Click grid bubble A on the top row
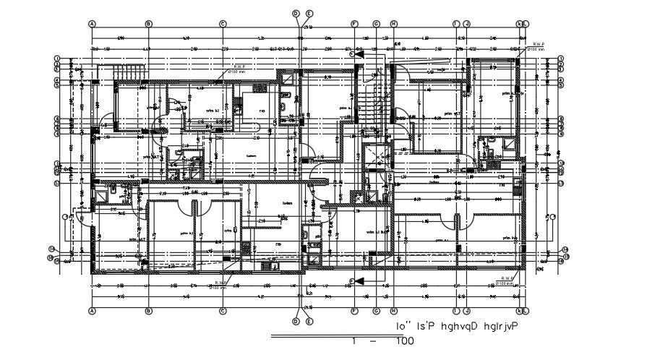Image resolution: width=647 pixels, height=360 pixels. (93, 23)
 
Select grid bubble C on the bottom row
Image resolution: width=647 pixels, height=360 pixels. (223, 312)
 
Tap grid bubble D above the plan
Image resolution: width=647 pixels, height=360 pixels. (296, 13)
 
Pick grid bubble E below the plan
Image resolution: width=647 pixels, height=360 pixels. (309, 321)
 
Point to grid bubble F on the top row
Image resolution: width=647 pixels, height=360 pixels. (355, 23)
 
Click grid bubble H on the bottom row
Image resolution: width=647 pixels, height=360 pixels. (394, 312)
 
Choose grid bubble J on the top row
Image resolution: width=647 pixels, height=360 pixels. (467, 23)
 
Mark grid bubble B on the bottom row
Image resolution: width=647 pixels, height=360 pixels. (148, 312)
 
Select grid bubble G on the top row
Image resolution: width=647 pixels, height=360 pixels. (377, 23)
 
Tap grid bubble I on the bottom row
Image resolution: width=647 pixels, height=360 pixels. (455, 312)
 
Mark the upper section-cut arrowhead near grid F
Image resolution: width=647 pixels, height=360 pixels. (354, 53)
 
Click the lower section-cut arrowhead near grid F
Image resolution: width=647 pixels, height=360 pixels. (354, 280)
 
